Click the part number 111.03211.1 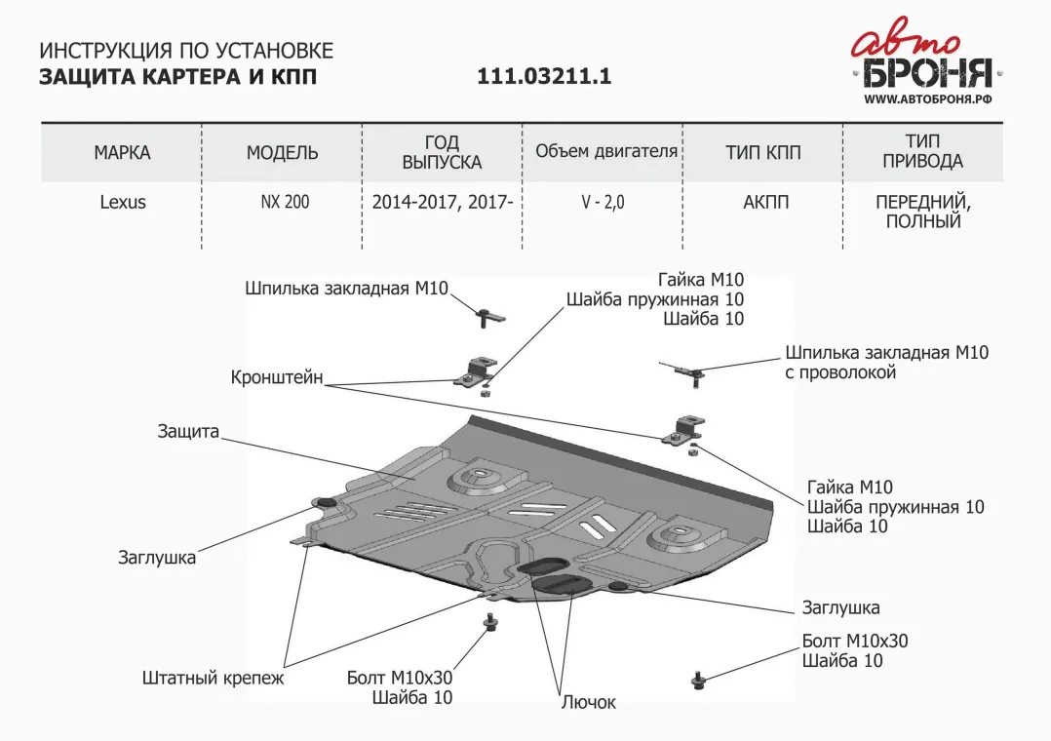pyautogui.click(x=544, y=77)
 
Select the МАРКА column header pyautogui.click(x=122, y=153)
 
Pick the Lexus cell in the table pyautogui.click(x=123, y=203)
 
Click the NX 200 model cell pyautogui.click(x=285, y=203)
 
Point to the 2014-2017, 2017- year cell pyautogui.click(x=442, y=203)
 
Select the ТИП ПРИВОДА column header pyautogui.click(x=922, y=152)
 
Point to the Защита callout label pyautogui.click(x=188, y=431)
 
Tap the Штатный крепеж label pyautogui.click(x=213, y=678)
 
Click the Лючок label pyautogui.click(x=588, y=702)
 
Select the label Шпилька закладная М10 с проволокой pyautogui.click(x=886, y=362)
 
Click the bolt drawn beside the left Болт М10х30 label pyautogui.click(x=488, y=622)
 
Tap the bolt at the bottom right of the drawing pyautogui.click(x=698, y=680)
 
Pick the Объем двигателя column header pyautogui.click(x=606, y=152)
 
